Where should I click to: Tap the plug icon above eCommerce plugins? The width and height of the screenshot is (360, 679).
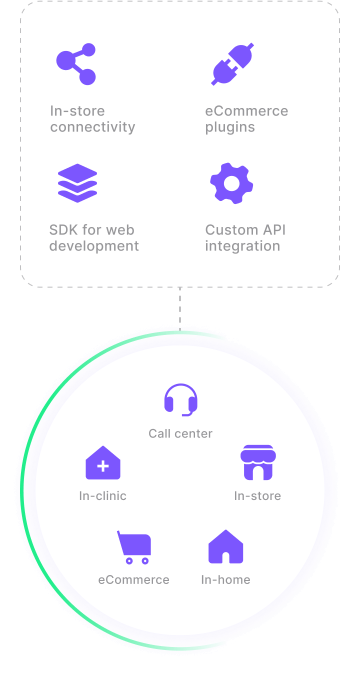[232, 64]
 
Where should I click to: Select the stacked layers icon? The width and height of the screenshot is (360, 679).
[77, 183]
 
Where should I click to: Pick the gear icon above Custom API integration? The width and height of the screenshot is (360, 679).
[231, 183]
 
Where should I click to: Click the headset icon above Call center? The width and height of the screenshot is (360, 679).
[181, 399]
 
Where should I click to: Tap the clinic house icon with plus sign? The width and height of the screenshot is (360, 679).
[103, 463]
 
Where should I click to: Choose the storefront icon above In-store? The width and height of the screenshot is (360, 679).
[258, 462]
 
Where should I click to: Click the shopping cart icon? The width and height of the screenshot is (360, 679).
[134, 547]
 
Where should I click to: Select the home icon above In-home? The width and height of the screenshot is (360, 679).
[225, 546]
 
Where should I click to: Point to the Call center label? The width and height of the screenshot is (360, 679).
[180, 433]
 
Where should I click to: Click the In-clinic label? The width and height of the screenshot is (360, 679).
[103, 496]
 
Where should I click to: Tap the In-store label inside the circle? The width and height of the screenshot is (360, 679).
[257, 496]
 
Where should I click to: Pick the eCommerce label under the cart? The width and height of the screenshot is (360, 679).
[133, 580]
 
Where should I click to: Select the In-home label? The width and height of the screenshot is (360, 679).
[225, 580]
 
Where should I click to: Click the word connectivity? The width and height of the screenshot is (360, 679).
[92, 127]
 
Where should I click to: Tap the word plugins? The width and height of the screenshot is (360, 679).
[230, 127]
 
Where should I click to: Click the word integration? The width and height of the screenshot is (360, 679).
[242, 246]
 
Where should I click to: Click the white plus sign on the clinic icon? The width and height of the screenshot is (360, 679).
[103, 466]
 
